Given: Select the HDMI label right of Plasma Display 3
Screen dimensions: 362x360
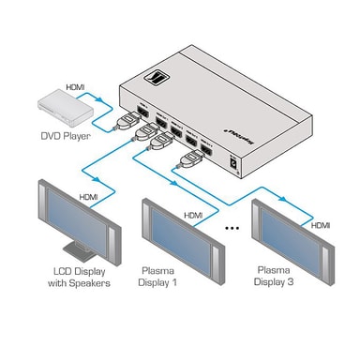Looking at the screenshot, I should [321, 226].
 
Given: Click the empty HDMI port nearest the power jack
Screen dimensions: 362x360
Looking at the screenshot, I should [209, 149].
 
